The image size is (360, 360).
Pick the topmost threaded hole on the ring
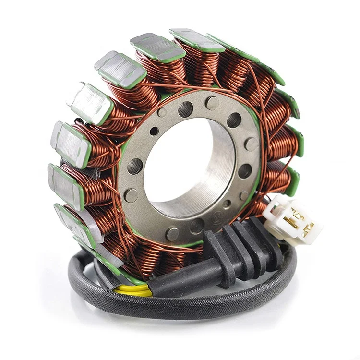(185, 109)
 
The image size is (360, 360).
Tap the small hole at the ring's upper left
(154, 131)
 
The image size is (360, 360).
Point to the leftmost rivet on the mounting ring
(129, 195)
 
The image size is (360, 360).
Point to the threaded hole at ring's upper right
(234, 120)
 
